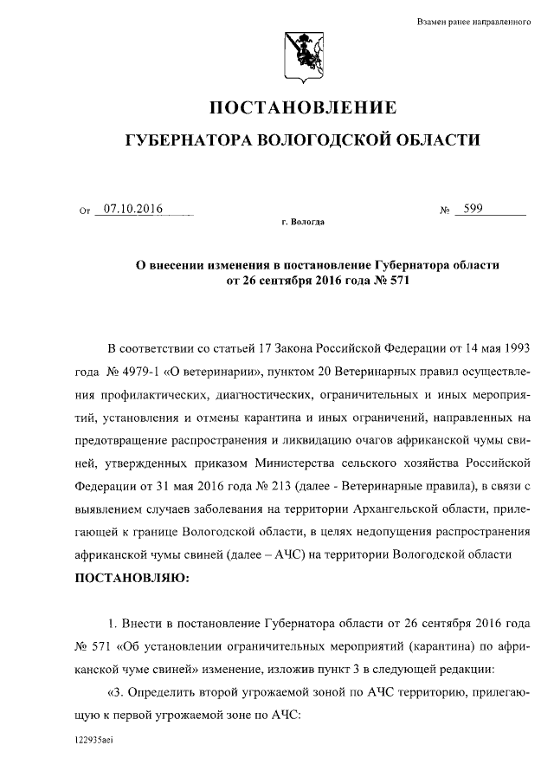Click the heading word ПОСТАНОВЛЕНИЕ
pos(303,108)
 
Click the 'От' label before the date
pos(84,211)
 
